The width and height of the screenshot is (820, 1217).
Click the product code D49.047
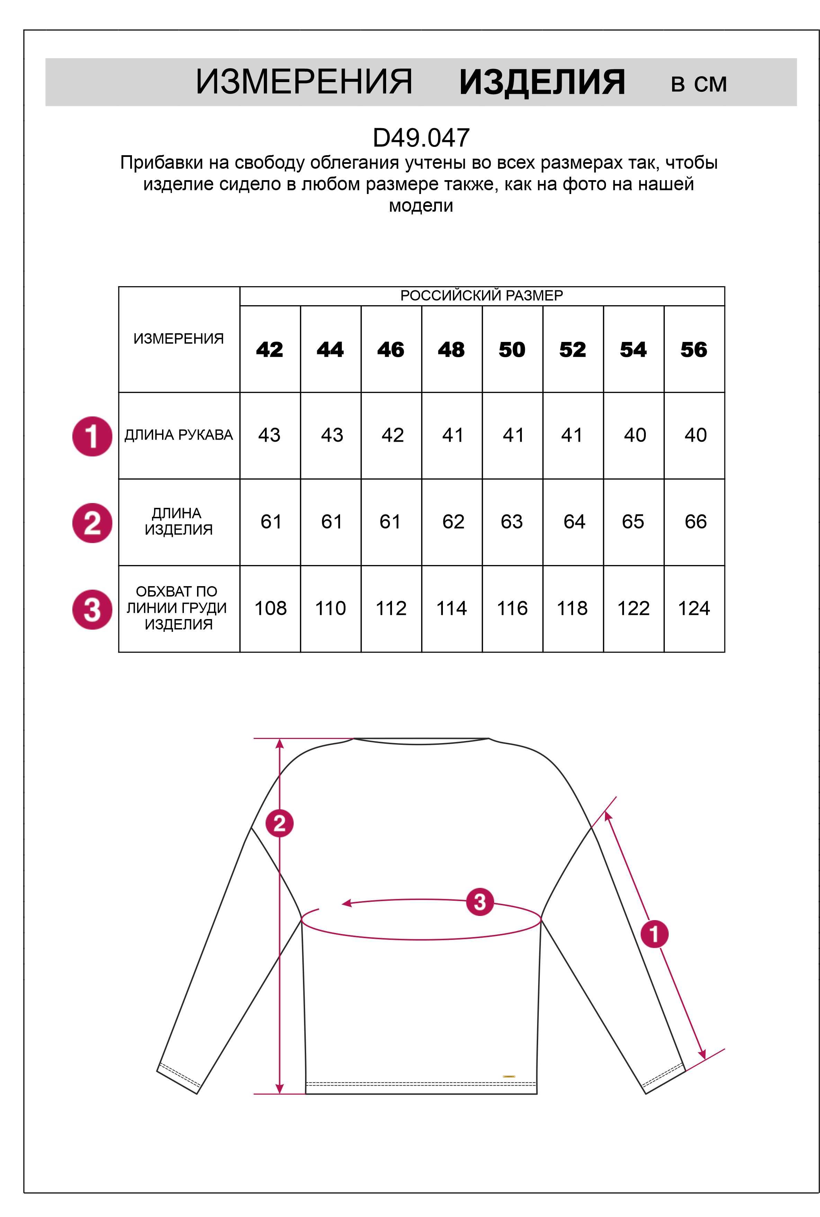click(421, 138)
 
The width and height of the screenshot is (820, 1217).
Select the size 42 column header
click(269, 350)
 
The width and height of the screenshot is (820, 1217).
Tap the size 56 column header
click(694, 350)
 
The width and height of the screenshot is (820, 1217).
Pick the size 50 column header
click(511, 350)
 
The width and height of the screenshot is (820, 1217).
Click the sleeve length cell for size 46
click(392, 435)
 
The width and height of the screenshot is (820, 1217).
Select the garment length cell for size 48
click(453, 522)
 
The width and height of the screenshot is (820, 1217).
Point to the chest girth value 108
click(270, 608)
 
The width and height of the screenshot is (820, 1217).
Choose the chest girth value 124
click(694, 608)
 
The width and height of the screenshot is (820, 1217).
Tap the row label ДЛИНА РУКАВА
click(178, 435)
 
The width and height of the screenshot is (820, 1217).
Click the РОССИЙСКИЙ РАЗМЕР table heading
click(482, 296)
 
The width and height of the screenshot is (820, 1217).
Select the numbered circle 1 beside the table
click(92, 436)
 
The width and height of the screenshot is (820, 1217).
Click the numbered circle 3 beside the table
click(92, 610)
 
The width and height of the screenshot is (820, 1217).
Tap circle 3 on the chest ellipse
click(480, 901)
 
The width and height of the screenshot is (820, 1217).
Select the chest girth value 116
click(512, 608)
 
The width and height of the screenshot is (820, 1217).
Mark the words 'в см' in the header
click(699, 84)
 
